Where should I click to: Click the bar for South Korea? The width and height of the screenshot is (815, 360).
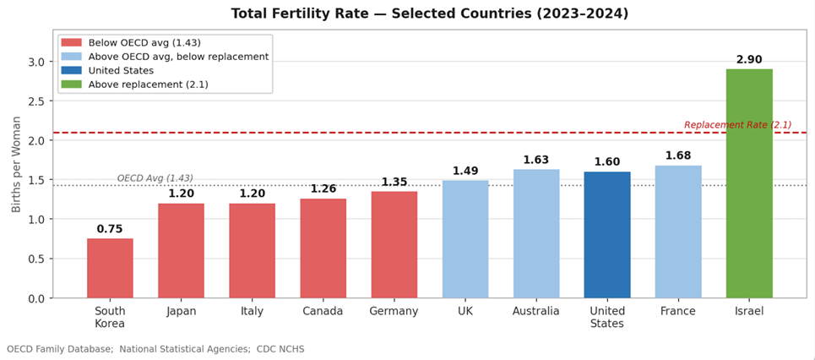pos(110,268)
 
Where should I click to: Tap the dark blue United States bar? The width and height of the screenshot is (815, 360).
pos(606,235)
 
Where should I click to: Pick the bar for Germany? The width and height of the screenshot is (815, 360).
pos(394,244)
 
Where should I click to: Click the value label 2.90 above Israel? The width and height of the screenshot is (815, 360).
pos(748,60)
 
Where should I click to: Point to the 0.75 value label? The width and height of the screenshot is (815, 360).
pos(110,229)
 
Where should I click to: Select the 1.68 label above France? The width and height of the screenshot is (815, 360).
pos(678,155)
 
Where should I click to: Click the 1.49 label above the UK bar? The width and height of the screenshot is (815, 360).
pos(465,171)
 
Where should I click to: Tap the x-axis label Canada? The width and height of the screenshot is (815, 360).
pos(323,311)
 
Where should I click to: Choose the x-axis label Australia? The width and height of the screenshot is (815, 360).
pos(535,311)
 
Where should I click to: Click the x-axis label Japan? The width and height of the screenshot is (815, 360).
pos(181,311)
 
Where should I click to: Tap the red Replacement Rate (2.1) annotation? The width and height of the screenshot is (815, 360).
pos(737,125)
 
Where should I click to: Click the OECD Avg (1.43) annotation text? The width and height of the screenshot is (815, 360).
pos(155,178)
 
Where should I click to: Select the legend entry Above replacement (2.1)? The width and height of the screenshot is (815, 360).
pos(148,85)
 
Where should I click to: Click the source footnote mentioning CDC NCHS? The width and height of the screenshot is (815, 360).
pos(155,349)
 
